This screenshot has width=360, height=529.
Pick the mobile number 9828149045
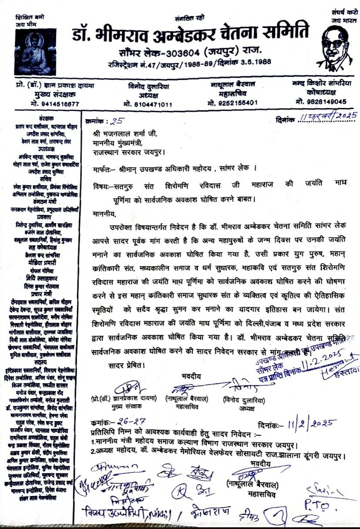(321, 101)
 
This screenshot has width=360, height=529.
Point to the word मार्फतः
(105, 168)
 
